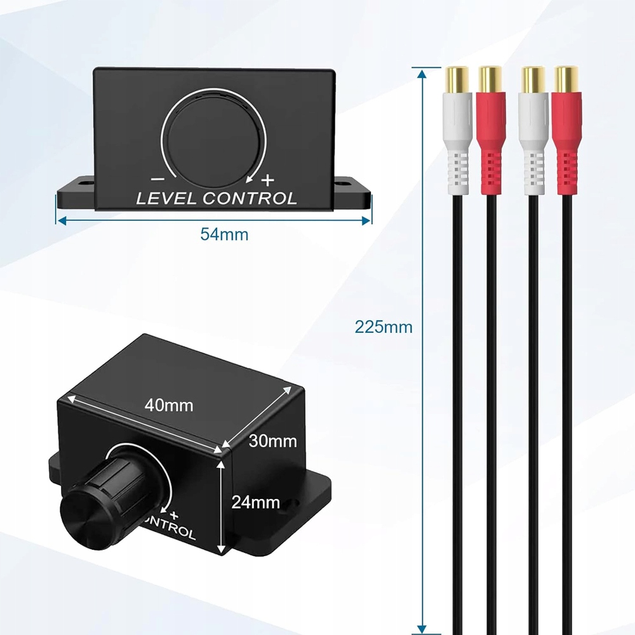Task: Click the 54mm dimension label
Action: pos(224,234)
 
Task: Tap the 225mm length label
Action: pos(384,328)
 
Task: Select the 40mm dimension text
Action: pos(168,404)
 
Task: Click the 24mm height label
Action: pos(255,502)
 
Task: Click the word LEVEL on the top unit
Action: pos(168,198)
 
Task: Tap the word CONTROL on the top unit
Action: pos(250,198)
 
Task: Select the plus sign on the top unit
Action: pos(268,178)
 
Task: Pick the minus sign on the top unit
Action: pos(155,179)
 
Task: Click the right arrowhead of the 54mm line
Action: pos(366,220)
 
